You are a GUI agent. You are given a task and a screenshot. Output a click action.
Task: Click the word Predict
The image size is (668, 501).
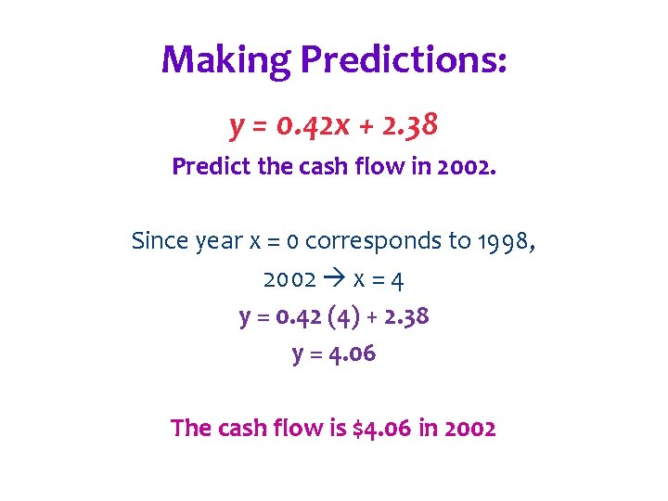pos(206,168)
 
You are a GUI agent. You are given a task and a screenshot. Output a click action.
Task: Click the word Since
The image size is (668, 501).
pos(160,241)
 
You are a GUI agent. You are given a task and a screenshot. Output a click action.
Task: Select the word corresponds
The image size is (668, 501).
pos(373,241)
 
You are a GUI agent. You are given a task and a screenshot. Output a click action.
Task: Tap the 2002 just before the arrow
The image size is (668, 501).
pos(289,279)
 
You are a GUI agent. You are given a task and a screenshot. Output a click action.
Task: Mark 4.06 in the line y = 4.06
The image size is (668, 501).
pos(347,353)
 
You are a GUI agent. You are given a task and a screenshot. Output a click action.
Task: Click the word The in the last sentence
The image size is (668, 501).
pos(191,429)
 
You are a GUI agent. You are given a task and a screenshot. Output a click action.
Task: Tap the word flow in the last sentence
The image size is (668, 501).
pos(302,429)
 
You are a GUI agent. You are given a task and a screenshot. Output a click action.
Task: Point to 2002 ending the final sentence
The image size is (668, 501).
pos(469,429)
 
